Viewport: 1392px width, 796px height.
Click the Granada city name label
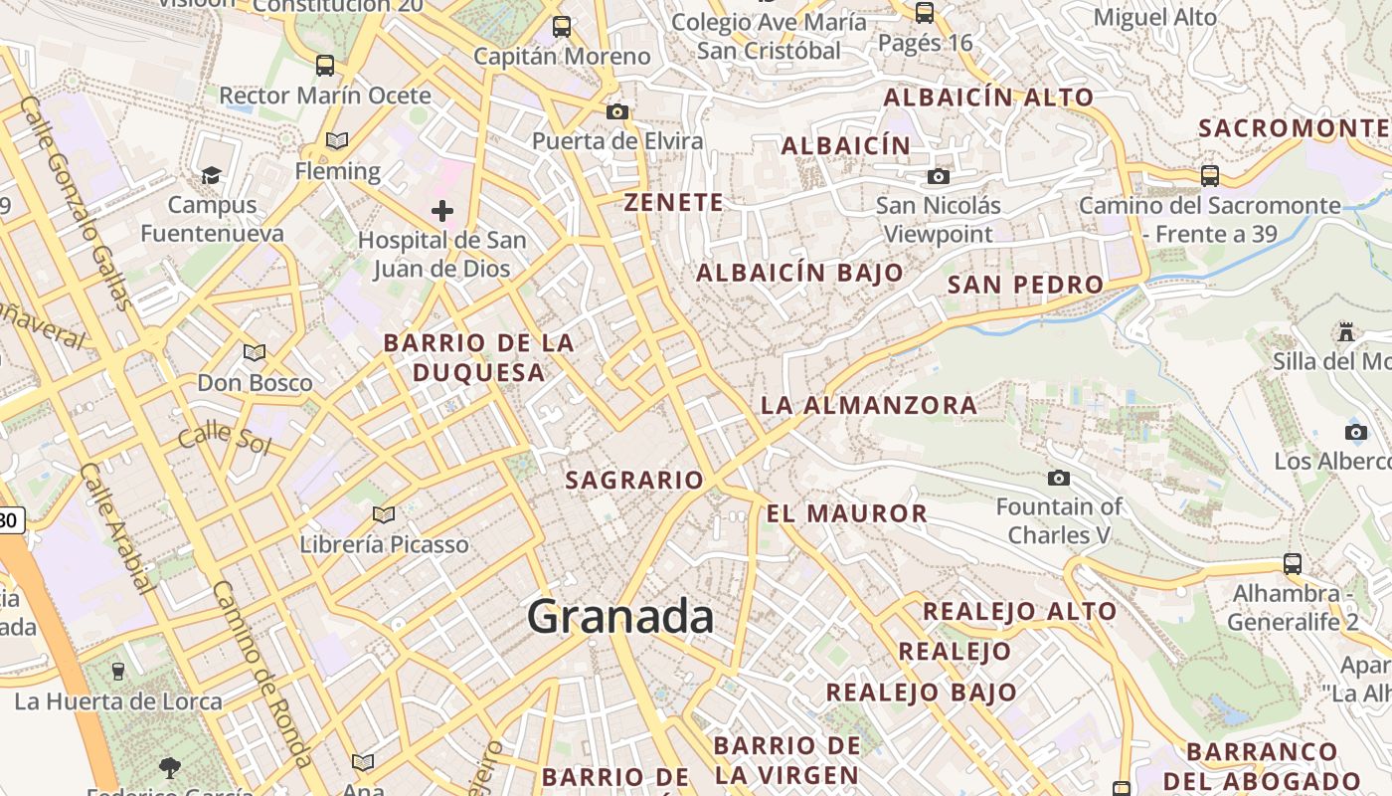tap(620, 617)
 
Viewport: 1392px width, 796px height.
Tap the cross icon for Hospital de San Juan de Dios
tap(442, 211)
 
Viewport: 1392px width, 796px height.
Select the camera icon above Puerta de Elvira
tap(617, 111)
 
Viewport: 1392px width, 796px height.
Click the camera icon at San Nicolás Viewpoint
tap(938, 177)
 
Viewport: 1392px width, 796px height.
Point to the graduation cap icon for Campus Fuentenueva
tap(211, 176)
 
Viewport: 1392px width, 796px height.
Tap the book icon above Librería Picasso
tap(384, 514)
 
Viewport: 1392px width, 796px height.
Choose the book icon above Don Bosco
tap(255, 352)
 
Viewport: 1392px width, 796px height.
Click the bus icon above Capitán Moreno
tap(562, 27)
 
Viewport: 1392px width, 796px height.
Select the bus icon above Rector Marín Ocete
tap(325, 67)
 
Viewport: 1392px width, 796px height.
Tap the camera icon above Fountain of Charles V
tap(1059, 479)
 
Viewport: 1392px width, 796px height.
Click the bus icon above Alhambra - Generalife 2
tap(1292, 564)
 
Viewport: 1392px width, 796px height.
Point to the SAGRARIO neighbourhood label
tap(634, 480)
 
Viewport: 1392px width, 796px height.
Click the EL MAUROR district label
tap(846, 513)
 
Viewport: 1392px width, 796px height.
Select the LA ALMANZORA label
tap(869, 405)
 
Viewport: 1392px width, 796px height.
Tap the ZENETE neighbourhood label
tap(673, 202)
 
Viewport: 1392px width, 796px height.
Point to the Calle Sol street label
tap(225, 437)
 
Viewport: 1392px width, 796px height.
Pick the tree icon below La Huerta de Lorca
tap(170, 767)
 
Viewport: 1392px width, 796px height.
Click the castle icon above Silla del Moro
tap(1347, 330)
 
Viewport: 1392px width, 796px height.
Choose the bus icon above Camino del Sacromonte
tap(1210, 176)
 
